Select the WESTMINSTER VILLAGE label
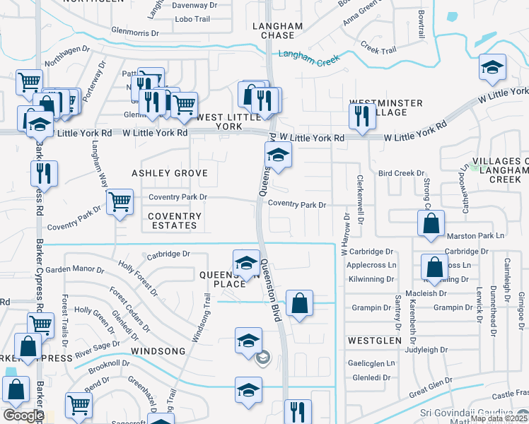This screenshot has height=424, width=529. pos(386,107)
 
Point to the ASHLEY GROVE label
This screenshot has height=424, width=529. pos(170,173)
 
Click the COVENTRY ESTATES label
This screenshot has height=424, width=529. pos(175,220)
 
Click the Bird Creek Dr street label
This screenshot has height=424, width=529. pos(401,173)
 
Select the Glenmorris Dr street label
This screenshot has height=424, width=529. pos(139,31)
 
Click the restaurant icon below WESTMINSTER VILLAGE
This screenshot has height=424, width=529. pos(362,115)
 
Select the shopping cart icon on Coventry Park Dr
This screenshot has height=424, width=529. pos(120,201)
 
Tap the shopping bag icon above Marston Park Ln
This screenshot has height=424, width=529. pos(431,224)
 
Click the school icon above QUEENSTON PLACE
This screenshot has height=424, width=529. pos(246,263)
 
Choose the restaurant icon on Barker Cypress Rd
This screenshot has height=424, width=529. pos(45,173)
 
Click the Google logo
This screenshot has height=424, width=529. pos(23,416)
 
